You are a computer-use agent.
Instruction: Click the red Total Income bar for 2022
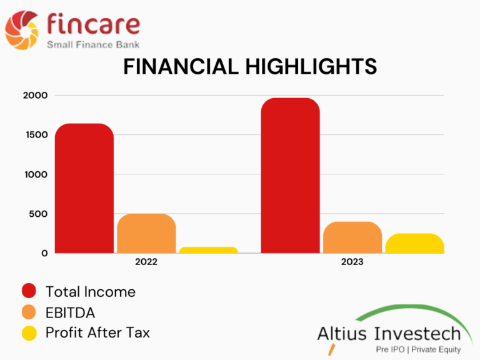pyautogui.click(x=84, y=188)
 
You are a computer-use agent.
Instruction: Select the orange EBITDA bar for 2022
pyautogui.click(x=146, y=233)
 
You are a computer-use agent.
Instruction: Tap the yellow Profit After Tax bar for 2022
pyautogui.click(x=209, y=250)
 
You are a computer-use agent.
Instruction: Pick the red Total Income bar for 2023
pyautogui.click(x=290, y=176)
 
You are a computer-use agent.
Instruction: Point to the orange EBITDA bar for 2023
pyautogui.click(x=352, y=237)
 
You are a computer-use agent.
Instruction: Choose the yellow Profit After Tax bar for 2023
pyautogui.click(x=414, y=243)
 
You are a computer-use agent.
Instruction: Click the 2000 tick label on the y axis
pyautogui.click(x=35, y=95)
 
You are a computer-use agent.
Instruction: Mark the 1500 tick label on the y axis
pyautogui.click(x=37, y=135)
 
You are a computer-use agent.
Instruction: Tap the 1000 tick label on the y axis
pyautogui.click(x=36, y=174)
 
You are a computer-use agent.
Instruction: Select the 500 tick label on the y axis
pyautogui.click(x=38, y=214)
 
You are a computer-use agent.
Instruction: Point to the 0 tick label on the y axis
pyautogui.click(x=45, y=254)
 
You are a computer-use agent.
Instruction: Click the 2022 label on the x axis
pyautogui.click(x=146, y=262)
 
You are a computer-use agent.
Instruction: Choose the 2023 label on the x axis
pyautogui.click(x=352, y=262)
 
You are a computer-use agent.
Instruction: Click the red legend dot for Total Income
pyautogui.click(x=29, y=291)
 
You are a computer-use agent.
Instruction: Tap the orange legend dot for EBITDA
pyautogui.click(x=29, y=312)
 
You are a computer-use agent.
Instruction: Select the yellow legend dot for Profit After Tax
pyautogui.click(x=29, y=333)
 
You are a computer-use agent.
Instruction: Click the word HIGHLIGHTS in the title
pyautogui.click(x=311, y=66)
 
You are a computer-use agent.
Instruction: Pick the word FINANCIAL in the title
pyautogui.click(x=181, y=66)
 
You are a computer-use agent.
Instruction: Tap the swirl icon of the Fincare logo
pyautogui.click(x=22, y=30)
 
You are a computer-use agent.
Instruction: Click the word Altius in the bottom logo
pyautogui.click(x=342, y=333)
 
